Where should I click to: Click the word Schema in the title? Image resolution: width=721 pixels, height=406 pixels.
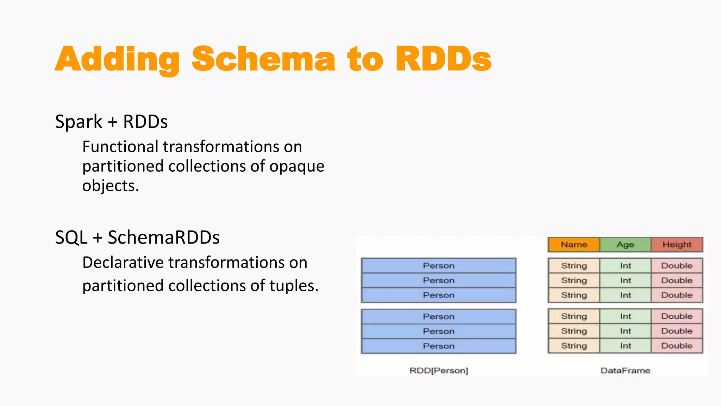tap(263, 59)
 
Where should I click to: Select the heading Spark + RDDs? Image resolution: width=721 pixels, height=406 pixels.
tap(111, 122)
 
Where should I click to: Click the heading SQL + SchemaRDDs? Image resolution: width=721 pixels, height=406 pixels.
tap(137, 238)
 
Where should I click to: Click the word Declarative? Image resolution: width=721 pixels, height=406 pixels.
tap(123, 263)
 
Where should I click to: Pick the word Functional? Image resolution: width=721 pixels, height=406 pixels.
tap(120, 147)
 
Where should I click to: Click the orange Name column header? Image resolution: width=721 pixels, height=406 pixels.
tap(574, 245)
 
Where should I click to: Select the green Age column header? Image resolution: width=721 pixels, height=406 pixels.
tap(625, 245)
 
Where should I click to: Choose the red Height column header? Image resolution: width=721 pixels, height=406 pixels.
tap(677, 245)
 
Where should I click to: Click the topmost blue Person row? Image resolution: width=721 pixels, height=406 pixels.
tap(439, 266)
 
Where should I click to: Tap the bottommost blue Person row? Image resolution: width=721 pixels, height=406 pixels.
tap(439, 346)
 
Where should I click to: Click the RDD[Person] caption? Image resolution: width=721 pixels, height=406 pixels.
tap(439, 370)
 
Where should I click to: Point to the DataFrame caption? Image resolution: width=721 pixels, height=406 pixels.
tap(625, 370)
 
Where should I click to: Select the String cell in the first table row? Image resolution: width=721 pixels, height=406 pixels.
tap(574, 266)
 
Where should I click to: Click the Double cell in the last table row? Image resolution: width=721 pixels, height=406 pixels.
tap(677, 346)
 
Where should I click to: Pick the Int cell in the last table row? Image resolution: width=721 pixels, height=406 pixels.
tap(625, 346)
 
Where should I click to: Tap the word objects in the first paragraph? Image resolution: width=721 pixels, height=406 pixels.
tap(110, 186)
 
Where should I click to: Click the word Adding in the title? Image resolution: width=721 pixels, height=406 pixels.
tap(117, 59)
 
